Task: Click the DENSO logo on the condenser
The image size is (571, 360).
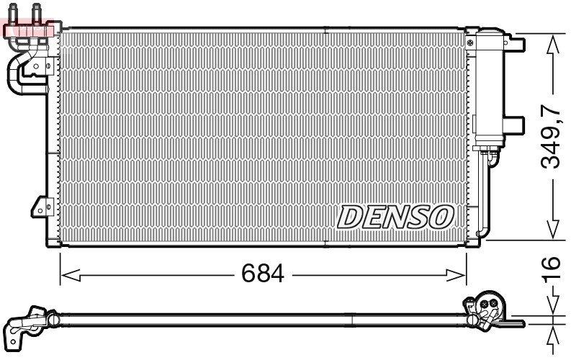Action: tap(395, 216)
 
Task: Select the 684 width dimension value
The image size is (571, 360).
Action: tap(264, 274)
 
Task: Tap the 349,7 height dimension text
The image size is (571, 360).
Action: tap(550, 136)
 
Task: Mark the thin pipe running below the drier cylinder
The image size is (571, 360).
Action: tap(482, 194)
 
